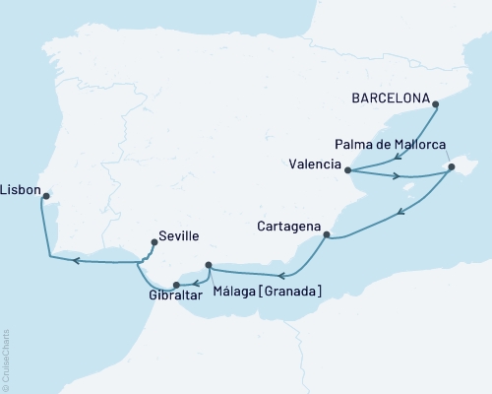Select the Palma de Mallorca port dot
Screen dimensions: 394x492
coord(451,168)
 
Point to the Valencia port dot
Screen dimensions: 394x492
coord(347,168)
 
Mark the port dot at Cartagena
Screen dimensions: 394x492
coord(327,235)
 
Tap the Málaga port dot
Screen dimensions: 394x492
coord(209,265)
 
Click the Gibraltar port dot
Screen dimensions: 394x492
coord(177,286)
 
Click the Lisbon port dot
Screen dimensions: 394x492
coord(44,196)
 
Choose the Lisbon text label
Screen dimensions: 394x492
coord(21,187)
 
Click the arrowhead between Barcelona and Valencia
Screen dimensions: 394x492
coord(396,156)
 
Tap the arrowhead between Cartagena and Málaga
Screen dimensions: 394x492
coord(281,275)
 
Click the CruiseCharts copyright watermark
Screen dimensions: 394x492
coord(6,360)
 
